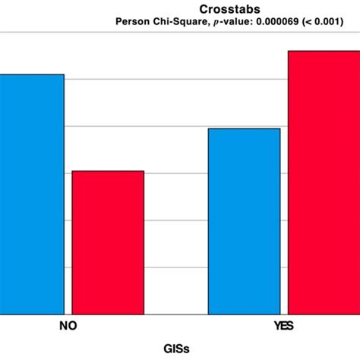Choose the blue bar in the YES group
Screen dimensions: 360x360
point(244,220)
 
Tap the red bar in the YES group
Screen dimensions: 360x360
point(324,182)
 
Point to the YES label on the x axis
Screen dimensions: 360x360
point(284,327)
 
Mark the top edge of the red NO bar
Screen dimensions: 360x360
point(108,172)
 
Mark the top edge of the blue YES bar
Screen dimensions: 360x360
point(244,129)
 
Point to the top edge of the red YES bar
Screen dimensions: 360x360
point(324,52)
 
